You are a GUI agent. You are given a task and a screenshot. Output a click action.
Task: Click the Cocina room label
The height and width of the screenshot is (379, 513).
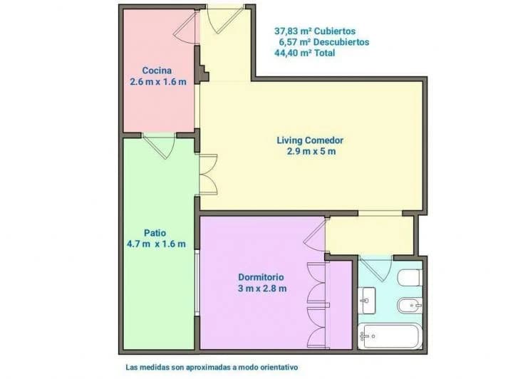157,71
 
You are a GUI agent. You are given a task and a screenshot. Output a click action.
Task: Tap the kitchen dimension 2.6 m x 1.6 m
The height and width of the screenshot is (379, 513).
158,82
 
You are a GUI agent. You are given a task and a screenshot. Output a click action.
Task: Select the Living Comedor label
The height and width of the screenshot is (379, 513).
310,140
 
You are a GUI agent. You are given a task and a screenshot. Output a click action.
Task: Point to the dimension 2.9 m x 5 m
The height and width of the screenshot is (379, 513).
311,152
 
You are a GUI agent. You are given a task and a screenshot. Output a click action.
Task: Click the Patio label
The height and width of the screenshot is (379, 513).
155,233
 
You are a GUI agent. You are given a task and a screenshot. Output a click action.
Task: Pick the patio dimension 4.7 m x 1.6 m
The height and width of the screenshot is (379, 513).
156,244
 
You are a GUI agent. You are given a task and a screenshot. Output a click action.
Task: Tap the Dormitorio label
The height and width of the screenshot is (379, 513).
261,277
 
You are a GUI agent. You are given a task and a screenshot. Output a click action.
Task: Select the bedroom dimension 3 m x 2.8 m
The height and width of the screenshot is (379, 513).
262,289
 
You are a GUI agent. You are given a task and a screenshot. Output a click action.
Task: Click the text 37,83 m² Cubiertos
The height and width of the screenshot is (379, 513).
315,31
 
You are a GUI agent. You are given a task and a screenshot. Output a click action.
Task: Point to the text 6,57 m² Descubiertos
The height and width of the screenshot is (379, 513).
324,42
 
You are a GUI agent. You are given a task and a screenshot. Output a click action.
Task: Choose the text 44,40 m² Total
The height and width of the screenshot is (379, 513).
305,53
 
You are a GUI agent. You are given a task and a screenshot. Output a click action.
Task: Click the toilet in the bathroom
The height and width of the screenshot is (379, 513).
409,277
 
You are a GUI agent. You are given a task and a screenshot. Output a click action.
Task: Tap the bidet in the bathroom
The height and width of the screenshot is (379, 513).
410,306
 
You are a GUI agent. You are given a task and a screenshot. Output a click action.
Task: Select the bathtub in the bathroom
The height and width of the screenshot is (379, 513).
389,336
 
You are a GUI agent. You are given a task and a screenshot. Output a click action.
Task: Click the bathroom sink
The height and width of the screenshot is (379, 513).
367,301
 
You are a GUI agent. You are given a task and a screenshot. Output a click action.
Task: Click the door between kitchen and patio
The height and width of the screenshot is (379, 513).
160,145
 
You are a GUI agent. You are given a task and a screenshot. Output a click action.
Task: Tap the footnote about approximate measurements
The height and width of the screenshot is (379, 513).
212,367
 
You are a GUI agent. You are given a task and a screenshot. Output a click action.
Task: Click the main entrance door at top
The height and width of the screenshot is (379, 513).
224,20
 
